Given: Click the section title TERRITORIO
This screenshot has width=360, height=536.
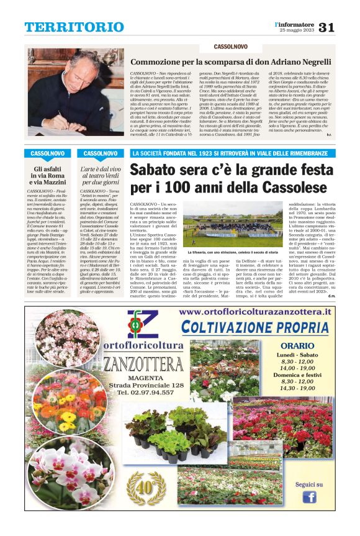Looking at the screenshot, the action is point(66,27).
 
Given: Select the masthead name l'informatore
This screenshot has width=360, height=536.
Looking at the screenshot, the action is point(295,24).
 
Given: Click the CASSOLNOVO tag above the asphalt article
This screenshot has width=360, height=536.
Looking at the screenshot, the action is point(50,153).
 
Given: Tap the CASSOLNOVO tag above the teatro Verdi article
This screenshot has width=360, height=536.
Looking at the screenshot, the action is point(101,153).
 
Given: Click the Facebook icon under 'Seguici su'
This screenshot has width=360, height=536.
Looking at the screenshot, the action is point(309,496).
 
